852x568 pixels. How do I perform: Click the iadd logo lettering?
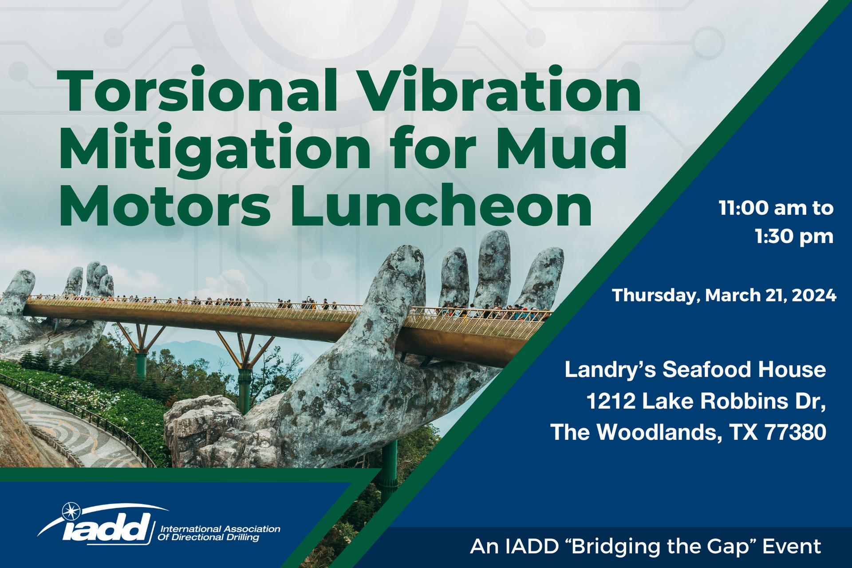point(106,528)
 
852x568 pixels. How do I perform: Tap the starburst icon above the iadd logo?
point(71,511)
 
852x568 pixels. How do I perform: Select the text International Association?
point(220,529)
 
